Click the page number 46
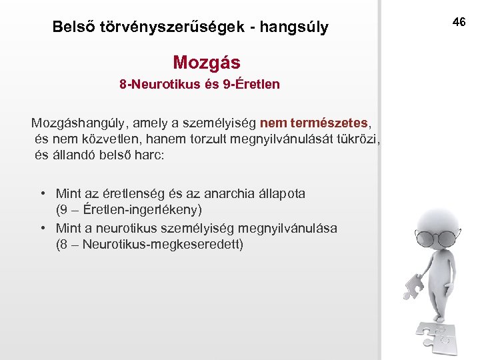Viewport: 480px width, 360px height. tap(459, 23)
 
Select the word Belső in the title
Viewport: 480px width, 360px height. tap(74, 28)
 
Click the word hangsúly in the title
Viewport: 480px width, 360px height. tap(295, 28)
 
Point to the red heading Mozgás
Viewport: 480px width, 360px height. tap(207, 63)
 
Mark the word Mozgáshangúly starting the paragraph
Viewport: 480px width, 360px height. tap(80, 123)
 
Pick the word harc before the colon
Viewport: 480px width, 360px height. tap(157, 155)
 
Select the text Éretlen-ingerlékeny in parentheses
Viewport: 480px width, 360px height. tap(139, 209)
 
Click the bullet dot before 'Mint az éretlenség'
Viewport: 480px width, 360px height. tap(42, 194)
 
